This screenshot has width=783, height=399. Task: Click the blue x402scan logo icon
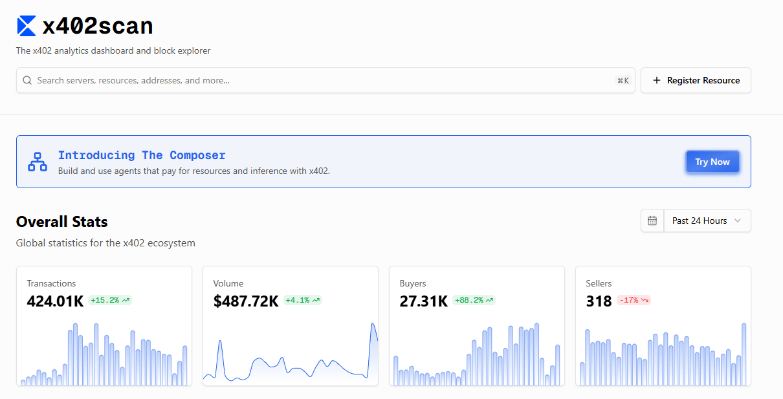click(27, 26)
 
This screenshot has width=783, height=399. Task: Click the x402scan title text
click(98, 27)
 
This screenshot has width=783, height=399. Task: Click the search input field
click(325, 80)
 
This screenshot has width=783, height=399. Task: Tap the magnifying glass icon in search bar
click(27, 80)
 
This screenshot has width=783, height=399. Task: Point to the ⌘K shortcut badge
click(623, 81)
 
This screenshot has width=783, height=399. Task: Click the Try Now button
click(712, 162)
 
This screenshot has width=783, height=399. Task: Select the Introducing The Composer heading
click(142, 155)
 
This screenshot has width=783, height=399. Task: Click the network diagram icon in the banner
click(38, 162)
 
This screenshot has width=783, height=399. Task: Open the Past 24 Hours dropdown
click(707, 221)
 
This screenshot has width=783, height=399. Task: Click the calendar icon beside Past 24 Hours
click(652, 221)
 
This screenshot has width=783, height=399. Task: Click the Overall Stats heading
click(62, 222)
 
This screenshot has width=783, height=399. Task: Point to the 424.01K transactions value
click(55, 301)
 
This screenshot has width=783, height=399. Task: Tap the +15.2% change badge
click(110, 300)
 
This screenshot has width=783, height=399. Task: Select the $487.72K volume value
click(246, 301)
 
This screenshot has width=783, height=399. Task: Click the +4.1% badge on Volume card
click(303, 300)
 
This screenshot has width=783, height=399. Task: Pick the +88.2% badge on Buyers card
click(474, 300)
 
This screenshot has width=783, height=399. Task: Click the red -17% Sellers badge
click(634, 300)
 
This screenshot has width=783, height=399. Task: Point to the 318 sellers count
click(599, 301)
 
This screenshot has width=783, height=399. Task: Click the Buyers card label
click(413, 283)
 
